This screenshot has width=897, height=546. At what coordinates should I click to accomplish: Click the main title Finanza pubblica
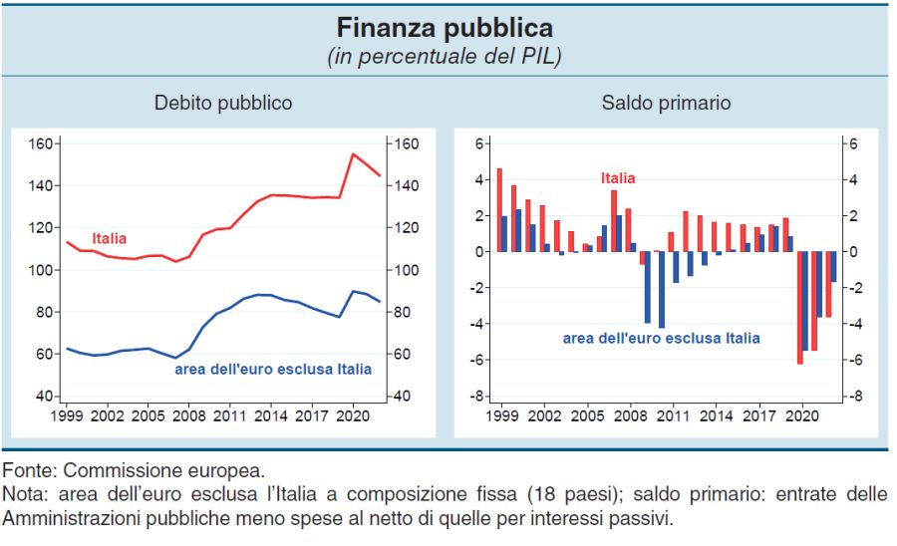click(445, 26)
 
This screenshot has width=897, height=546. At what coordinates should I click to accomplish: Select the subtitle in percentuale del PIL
click(445, 56)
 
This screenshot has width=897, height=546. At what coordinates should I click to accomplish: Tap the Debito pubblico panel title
click(223, 103)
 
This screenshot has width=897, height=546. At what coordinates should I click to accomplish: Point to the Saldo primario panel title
click(666, 103)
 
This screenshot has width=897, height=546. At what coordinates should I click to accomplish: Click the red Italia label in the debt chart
click(110, 239)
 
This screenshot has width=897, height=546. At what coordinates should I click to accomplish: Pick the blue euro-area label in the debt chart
click(273, 369)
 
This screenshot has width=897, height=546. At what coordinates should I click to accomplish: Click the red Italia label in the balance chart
click(618, 178)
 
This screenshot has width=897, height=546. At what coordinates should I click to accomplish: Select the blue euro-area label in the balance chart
click(661, 339)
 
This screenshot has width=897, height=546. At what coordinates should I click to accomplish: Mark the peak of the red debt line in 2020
click(353, 154)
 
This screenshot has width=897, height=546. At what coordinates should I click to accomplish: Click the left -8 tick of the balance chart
click(475, 397)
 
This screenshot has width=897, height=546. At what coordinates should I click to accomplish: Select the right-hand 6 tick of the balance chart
click(850, 143)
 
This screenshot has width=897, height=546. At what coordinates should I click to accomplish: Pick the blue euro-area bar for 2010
click(661, 289)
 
